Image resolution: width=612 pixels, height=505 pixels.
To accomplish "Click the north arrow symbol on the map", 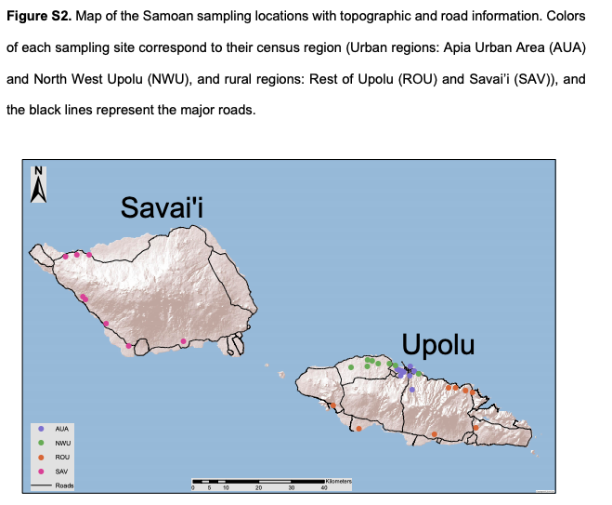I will tap(38, 184).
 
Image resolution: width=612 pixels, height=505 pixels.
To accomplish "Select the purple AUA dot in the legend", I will tap(42, 429).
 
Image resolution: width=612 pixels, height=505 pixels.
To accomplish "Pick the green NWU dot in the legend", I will tap(42, 443).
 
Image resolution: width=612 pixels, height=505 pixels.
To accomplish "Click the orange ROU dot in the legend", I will tap(42, 458).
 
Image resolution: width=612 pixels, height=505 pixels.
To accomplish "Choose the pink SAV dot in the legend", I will tap(42, 472).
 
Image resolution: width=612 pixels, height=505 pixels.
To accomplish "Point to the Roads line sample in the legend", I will tap(42, 485).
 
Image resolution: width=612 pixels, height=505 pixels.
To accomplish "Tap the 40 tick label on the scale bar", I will tap(324, 487).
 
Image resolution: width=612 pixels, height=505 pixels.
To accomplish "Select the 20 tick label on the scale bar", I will tap(259, 487).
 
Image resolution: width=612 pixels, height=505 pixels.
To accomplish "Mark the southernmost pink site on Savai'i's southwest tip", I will tap(128, 346).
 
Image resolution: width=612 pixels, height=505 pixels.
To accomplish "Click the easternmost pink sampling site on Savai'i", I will tap(184, 341).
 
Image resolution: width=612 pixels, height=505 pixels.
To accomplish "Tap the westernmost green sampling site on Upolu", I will tap(351, 367).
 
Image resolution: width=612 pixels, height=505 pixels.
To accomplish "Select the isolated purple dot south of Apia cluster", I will tap(411, 390).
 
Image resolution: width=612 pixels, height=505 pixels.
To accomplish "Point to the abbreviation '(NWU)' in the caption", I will tap(169, 79).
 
